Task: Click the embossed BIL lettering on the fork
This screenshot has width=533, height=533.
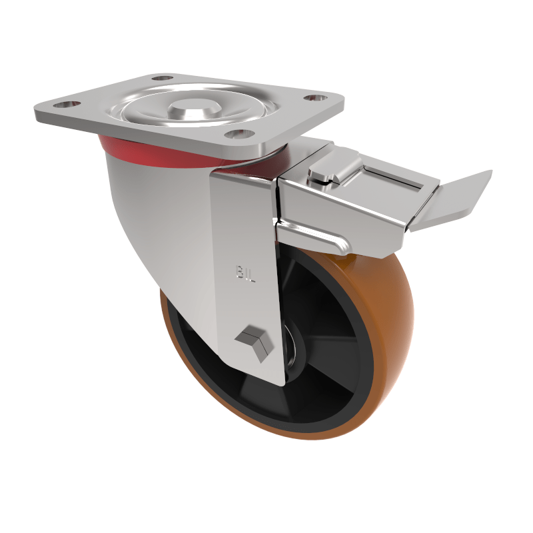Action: click(245, 274)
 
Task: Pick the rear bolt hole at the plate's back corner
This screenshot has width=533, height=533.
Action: click(160, 79)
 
